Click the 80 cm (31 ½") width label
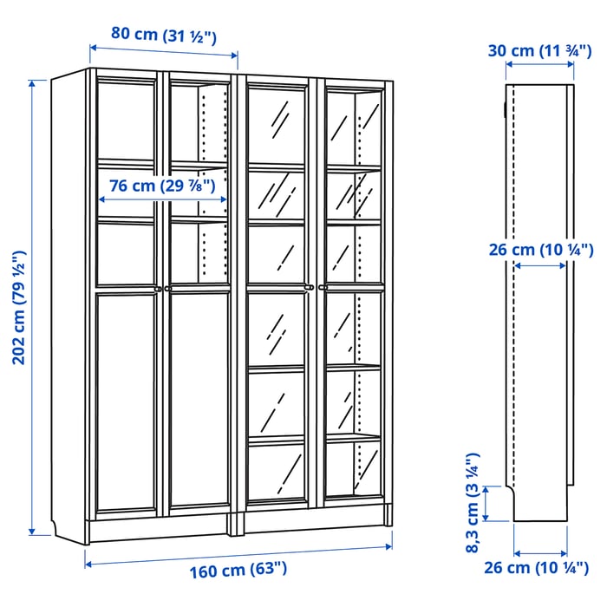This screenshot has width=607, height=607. (x=163, y=35)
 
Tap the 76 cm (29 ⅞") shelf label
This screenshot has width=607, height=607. (x=162, y=185)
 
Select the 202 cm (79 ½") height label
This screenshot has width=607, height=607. (x=18, y=307)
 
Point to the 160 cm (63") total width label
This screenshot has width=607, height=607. (x=238, y=570)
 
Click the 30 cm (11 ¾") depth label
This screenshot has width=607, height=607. (x=538, y=50)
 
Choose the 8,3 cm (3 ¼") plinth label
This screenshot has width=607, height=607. (x=473, y=503)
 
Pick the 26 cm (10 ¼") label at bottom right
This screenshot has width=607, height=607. (x=538, y=570)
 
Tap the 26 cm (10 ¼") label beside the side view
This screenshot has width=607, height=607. (x=538, y=250)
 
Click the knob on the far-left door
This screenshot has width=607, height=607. (x=157, y=288)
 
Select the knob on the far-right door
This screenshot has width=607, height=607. (x=321, y=288)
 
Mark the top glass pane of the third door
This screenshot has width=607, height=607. (x=277, y=122)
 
